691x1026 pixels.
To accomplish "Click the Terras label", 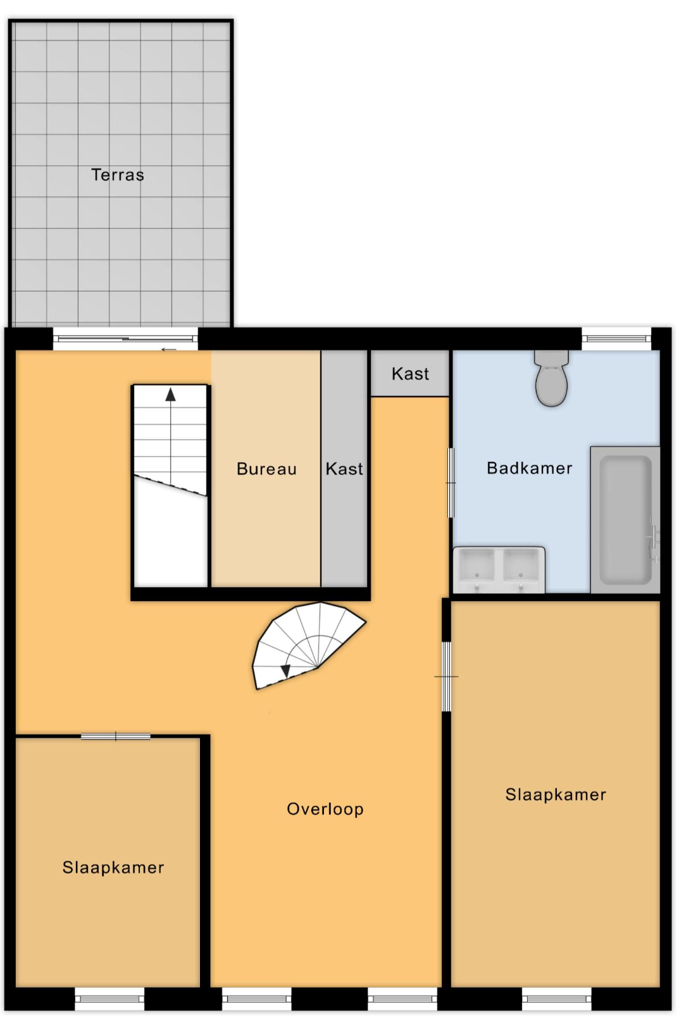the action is [118, 175].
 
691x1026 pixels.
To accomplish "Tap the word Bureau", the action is [267, 469].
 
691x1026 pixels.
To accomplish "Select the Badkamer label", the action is [530, 467].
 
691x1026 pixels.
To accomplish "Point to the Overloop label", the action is [325, 809].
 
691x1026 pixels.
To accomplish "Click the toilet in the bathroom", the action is [551, 378].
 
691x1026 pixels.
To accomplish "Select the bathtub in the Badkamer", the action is [625, 520].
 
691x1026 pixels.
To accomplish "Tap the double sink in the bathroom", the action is [499, 570].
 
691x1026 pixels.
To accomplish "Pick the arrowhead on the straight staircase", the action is [170, 395].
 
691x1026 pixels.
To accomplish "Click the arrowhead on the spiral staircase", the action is [285, 671].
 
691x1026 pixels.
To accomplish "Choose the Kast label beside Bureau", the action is [344, 469].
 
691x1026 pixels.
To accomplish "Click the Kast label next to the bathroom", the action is [410, 374].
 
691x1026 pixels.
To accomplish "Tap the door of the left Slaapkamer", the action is [116, 737].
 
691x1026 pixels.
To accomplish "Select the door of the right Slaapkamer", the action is [446, 676].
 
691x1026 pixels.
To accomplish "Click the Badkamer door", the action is [451, 483].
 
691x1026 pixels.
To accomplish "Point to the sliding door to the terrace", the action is [125, 339].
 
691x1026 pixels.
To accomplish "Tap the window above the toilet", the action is [616, 339].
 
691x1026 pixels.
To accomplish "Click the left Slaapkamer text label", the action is [113, 867].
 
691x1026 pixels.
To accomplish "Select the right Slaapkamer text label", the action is [556, 794].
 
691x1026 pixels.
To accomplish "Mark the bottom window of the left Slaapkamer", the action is [109, 999].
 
